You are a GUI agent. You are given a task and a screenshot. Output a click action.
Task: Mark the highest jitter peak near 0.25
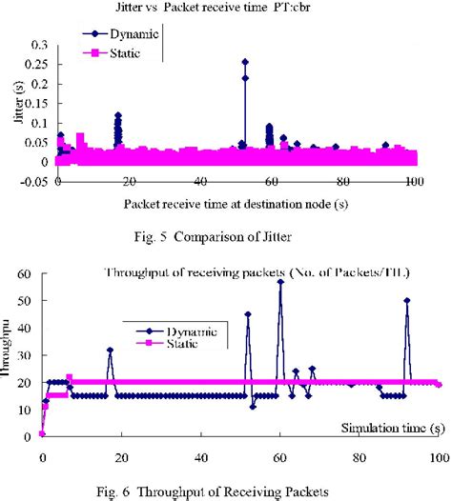pos(245,62)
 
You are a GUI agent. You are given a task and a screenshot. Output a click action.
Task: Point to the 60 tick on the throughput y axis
pos(24,274)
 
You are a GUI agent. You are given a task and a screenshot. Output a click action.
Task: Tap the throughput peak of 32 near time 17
pos(110,350)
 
